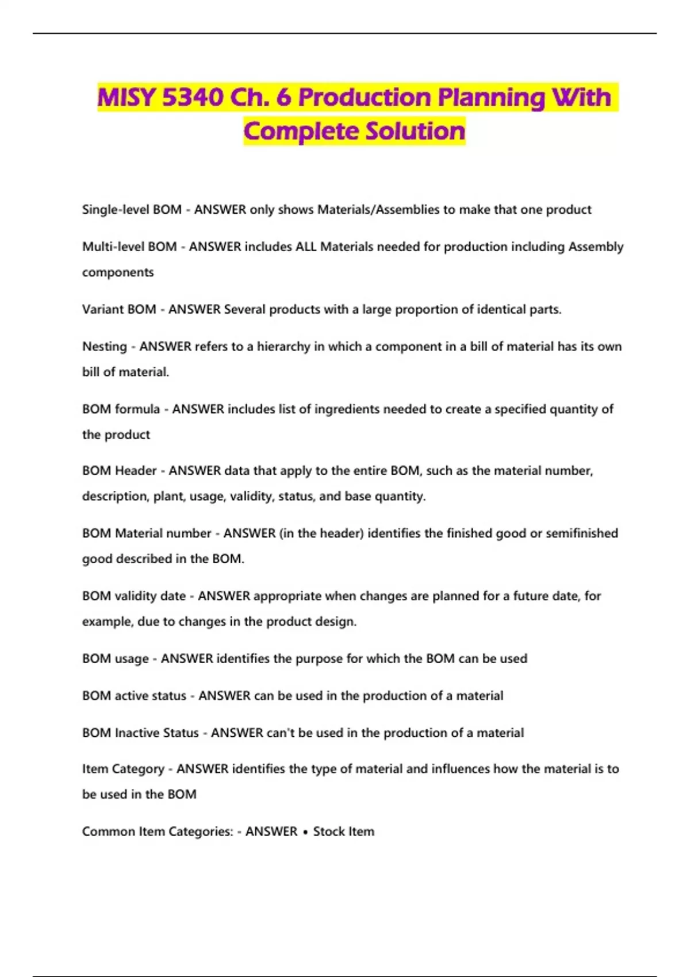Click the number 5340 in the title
click(x=191, y=97)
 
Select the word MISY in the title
click(x=126, y=97)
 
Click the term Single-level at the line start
click(x=107, y=210)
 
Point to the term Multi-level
click(x=105, y=247)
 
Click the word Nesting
click(x=105, y=347)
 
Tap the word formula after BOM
click(x=137, y=409)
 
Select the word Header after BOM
click(x=136, y=471)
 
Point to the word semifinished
click(x=582, y=533)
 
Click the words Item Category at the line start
click(x=123, y=769)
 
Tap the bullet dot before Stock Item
click(x=305, y=832)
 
